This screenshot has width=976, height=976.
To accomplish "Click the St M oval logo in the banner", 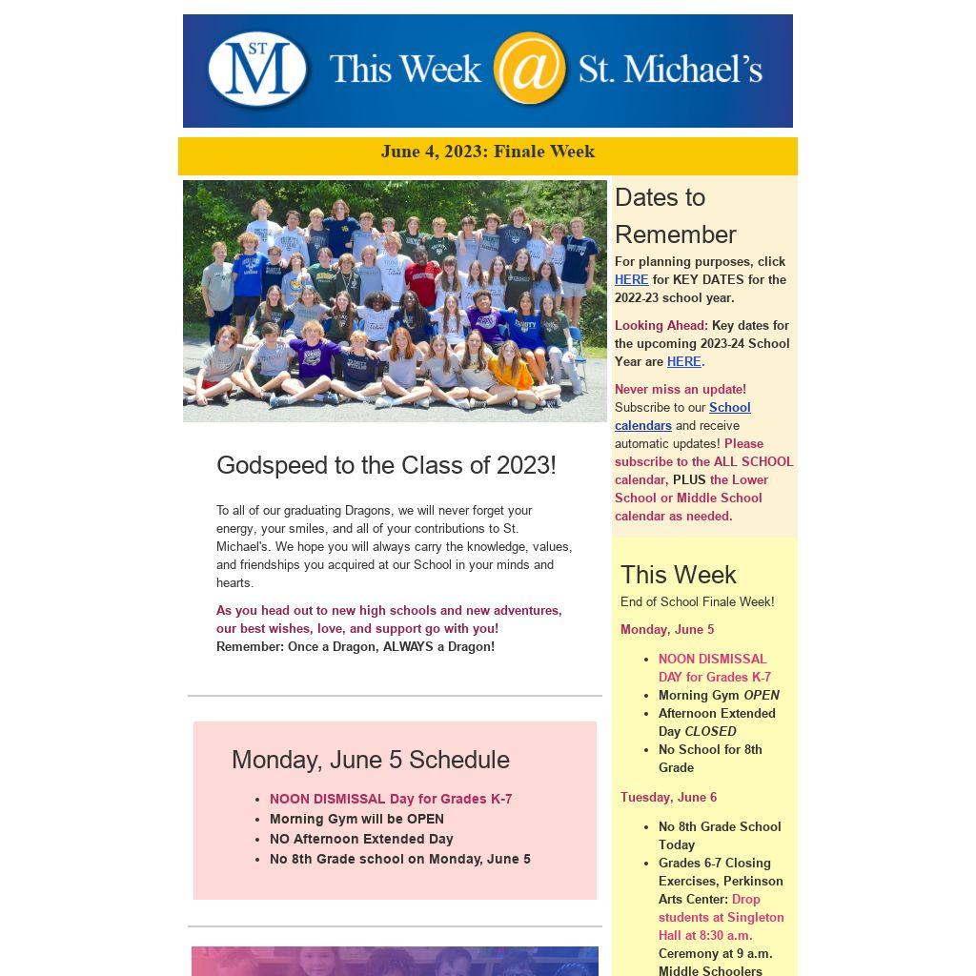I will pyautogui.click(x=257, y=69).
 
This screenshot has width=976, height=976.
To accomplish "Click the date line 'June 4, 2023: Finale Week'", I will pyautogui.click(x=487, y=152).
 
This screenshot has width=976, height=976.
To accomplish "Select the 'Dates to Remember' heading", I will pyautogui.click(x=675, y=215).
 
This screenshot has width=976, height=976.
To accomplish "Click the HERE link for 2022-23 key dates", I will pyautogui.click(x=631, y=279).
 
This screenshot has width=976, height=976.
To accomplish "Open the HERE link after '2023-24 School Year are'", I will pyautogui.click(x=683, y=361).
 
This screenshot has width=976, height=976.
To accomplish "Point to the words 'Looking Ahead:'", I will pyautogui.click(x=661, y=325).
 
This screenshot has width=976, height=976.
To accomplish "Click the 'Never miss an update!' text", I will pyautogui.click(x=681, y=389).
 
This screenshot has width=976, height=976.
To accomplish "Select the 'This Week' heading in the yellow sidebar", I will pyautogui.click(x=678, y=575).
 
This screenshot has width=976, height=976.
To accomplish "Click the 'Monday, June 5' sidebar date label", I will pyautogui.click(x=667, y=629).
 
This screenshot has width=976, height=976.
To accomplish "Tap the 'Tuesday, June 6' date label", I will pyautogui.click(x=668, y=797).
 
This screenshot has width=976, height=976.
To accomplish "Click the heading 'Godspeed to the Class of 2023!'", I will pyautogui.click(x=386, y=465).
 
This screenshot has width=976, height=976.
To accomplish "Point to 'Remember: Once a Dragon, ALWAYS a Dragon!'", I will pyautogui.click(x=356, y=646).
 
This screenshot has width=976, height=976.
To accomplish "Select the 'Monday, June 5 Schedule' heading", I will pyautogui.click(x=370, y=760).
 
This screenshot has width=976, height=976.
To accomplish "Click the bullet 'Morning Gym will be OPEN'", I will pyautogui.click(x=356, y=819).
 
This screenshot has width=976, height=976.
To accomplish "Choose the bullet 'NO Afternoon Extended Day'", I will pyautogui.click(x=361, y=839).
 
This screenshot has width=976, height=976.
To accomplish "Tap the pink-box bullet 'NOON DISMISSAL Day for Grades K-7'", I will pyautogui.click(x=391, y=799).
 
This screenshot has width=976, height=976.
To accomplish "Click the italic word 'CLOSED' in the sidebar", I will pyautogui.click(x=710, y=731).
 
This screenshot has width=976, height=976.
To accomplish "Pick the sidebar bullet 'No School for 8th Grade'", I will pyautogui.click(x=710, y=758).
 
